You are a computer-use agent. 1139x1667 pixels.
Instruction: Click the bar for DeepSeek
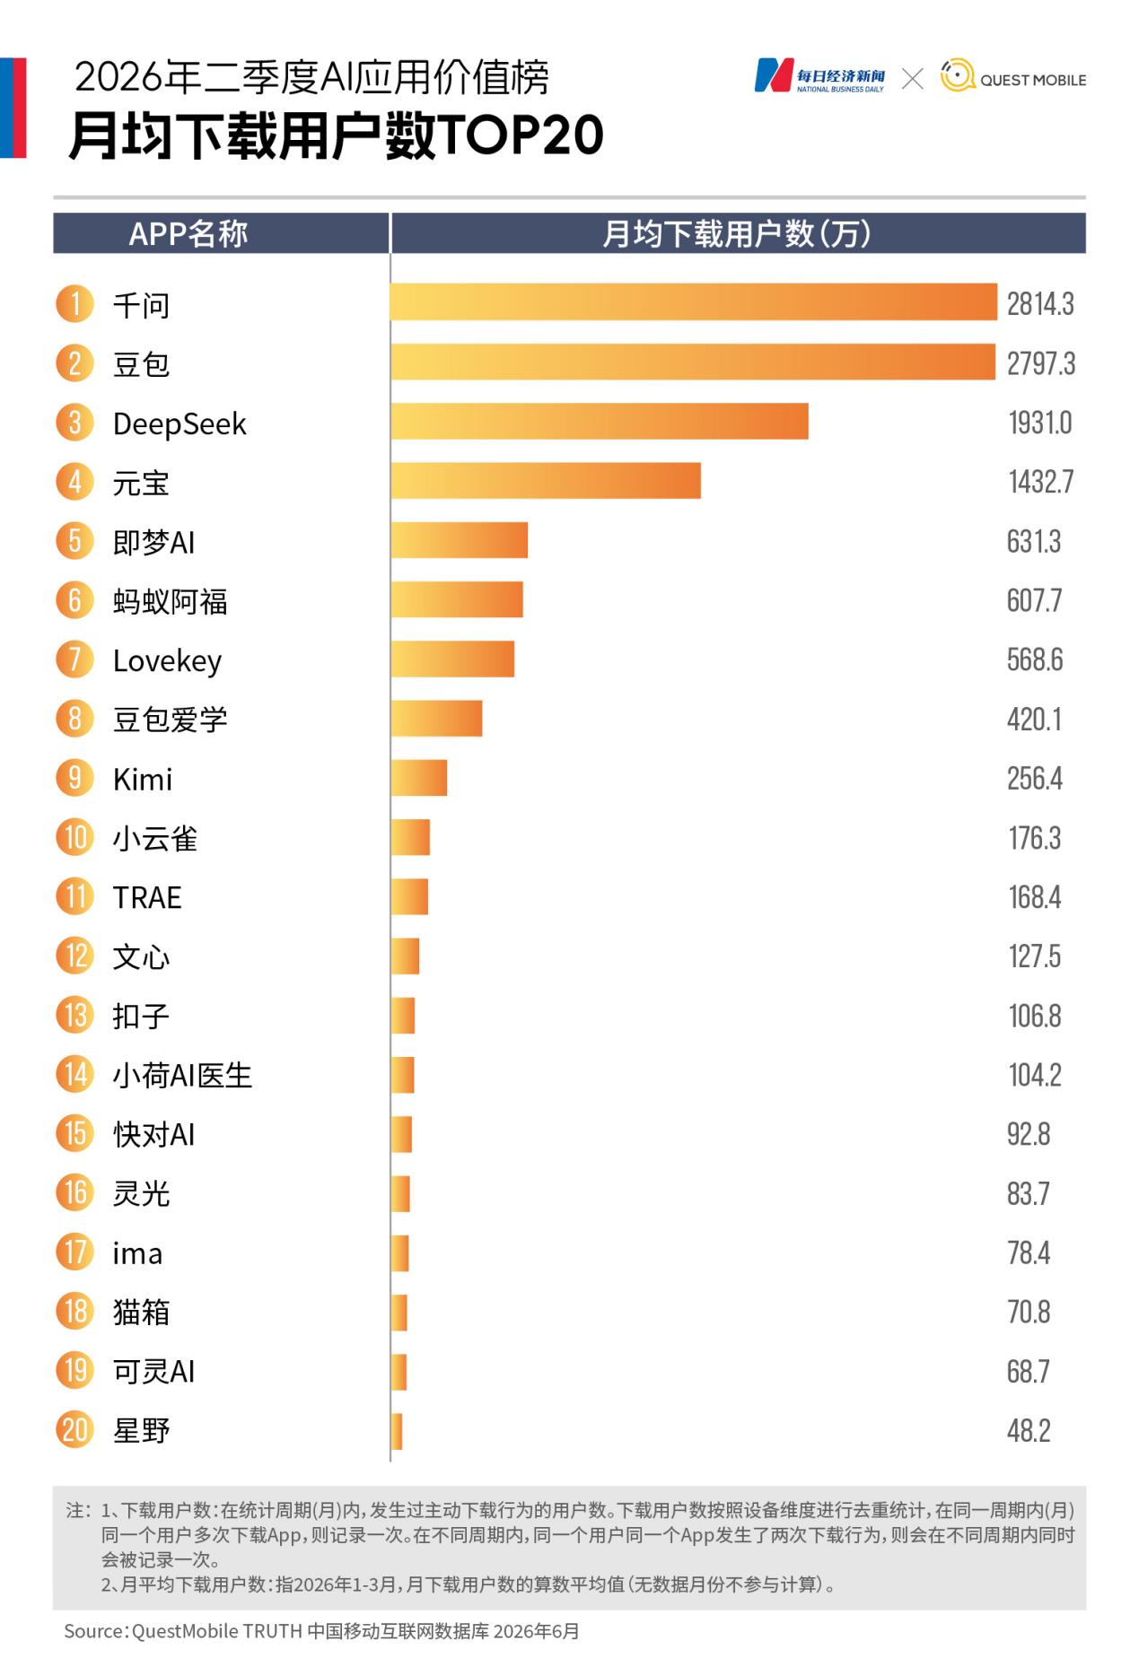pyautogui.click(x=600, y=422)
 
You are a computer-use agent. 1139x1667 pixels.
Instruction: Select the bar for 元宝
pyautogui.click(x=546, y=481)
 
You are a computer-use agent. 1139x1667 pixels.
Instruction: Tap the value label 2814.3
pyautogui.click(x=1040, y=304)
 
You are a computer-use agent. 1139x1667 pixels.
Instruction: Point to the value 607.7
pyautogui.click(x=1034, y=600)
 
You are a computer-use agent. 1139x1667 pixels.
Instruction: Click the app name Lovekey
pyautogui.click(x=167, y=660)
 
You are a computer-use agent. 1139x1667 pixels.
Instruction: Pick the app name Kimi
pyautogui.click(x=143, y=779)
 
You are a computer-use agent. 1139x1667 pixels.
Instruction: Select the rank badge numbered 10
pyautogui.click(x=74, y=837)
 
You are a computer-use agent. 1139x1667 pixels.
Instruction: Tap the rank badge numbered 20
pyautogui.click(x=74, y=1429)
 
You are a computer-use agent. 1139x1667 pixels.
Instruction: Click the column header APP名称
pyautogui.click(x=188, y=233)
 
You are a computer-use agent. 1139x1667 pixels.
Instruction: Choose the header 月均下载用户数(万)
pyautogui.click(x=737, y=233)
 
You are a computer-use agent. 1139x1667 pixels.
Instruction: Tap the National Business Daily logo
pyautogui.click(x=819, y=76)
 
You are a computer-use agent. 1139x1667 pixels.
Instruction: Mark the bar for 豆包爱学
pyautogui.click(x=436, y=718)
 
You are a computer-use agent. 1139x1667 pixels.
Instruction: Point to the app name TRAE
pyautogui.click(x=147, y=897)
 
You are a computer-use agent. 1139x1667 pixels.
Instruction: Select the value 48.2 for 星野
pyautogui.click(x=1029, y=1430)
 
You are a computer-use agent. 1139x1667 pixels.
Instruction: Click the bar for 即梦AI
pyautogui.click(x=460, y=540)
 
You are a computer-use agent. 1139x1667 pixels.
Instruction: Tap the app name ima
pyautogui.click(x=137, y=1253)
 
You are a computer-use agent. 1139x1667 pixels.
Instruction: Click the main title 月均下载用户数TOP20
pyautogui.click(x=337, y=135)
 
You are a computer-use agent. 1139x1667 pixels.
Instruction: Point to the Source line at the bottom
pyautogui.click(x=321, y=1630)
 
